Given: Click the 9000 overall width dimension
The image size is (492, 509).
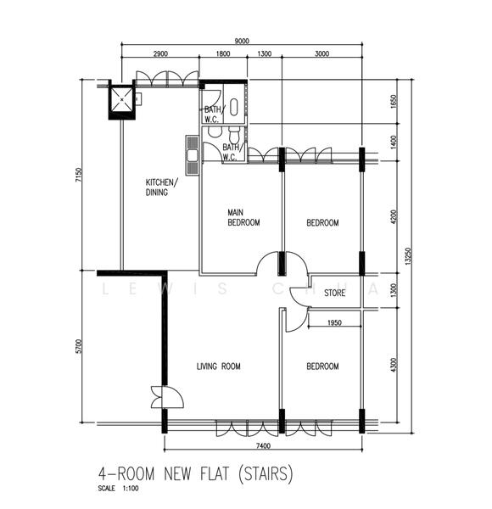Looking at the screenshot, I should pos(242,40).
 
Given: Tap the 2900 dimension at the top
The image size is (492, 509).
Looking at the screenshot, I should pos(159,53).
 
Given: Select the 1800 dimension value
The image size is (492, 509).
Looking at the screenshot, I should pos(222,53).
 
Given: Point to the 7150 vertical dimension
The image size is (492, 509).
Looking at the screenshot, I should pos(78,176).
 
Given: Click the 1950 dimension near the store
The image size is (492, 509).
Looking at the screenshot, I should pos(333,323).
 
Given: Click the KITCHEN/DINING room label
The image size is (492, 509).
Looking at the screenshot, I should pos(160,187).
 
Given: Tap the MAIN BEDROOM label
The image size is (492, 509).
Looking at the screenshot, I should pos(243,217).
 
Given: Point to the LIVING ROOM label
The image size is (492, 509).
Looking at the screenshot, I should pos(219,366).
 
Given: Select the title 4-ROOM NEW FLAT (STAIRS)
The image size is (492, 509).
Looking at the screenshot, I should pos(195,473).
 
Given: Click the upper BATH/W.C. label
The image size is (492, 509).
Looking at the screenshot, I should pos(212,114).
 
